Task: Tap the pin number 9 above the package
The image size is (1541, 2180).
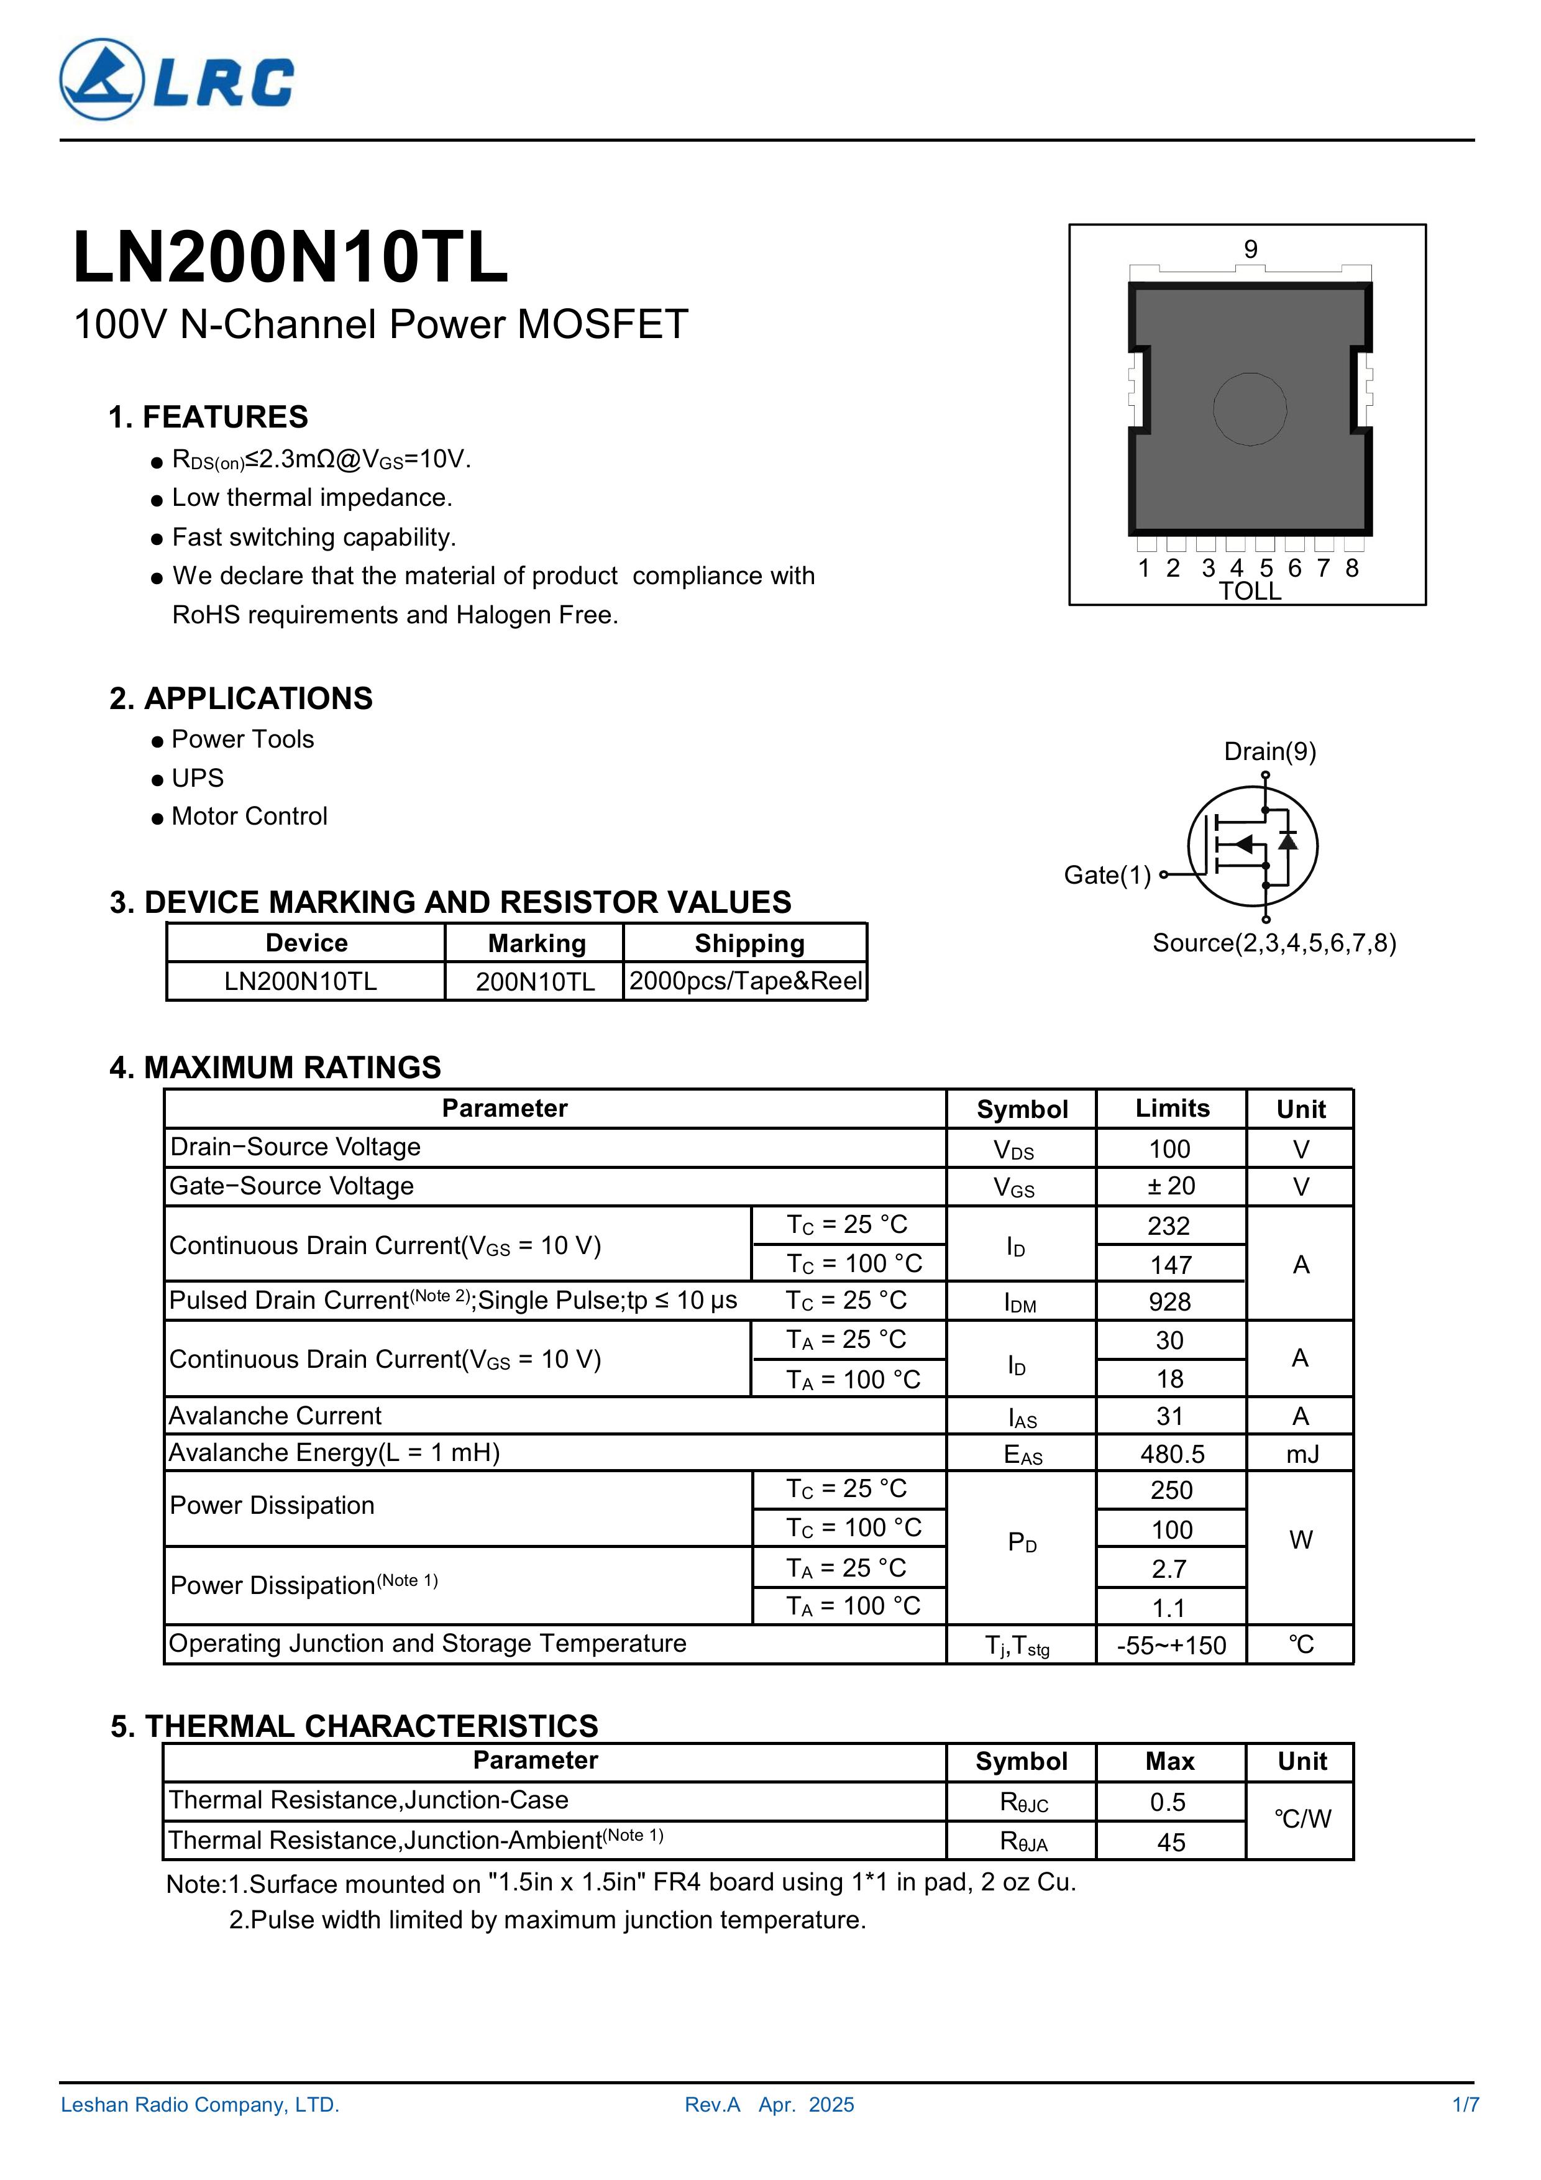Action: point(1250,250)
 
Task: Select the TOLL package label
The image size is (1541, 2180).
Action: point(1250,592)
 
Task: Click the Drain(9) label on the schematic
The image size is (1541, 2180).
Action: point(1269,752)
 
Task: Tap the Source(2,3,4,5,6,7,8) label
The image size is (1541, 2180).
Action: point(1273,943)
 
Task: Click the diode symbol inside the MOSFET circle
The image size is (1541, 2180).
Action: point(1287,841)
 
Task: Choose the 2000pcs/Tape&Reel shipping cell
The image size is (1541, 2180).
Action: point(746,981)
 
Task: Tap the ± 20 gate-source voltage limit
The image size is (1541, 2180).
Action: point(1170,1187)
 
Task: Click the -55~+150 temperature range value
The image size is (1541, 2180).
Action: point(1171,1646)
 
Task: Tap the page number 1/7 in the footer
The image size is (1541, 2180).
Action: point(1465,2105)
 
